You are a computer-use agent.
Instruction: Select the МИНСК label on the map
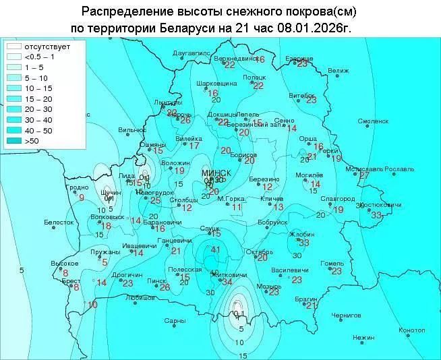[216, 173]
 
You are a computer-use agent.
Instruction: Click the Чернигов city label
[346, 315]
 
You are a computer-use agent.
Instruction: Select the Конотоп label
[411, 330]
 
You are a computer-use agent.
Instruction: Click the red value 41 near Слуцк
[216, 250]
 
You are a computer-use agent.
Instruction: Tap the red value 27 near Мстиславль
[364, 175]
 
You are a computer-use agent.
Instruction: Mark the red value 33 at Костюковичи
[376, 215]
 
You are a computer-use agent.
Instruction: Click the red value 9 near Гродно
[82, 198]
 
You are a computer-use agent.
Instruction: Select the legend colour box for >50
[13, 141]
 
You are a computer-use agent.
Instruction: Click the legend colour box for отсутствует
[13, 47]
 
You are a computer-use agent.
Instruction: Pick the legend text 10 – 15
[38, 88]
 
